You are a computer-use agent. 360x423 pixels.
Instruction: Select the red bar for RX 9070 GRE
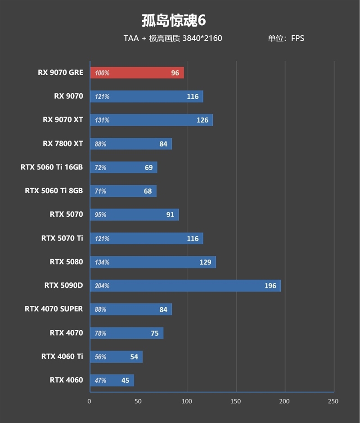137,73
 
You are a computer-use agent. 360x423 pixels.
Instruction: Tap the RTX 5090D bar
185,286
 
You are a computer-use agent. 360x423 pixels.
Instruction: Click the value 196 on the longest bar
270,286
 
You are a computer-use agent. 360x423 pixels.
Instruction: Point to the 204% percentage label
102,286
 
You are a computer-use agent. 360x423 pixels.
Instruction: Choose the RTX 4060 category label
66,380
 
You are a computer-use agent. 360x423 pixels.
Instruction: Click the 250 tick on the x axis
333,401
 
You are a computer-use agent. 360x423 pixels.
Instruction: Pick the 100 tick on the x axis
187,401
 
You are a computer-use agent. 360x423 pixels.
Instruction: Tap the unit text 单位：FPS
286,38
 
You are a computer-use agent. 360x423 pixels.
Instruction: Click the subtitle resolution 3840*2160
202,38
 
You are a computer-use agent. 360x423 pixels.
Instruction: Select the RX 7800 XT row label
63,144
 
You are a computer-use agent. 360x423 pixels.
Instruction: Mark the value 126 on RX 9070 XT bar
202,120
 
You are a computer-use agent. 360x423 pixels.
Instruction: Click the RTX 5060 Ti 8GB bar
123,191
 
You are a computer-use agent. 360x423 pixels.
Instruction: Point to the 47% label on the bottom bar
100,380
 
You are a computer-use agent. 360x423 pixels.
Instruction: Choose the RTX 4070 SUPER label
54,309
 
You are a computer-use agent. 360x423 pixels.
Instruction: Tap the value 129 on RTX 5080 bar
205,262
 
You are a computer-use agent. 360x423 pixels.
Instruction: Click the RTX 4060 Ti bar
116,357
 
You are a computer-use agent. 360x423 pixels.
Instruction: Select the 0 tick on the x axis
90,401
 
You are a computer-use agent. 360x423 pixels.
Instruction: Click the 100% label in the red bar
102,73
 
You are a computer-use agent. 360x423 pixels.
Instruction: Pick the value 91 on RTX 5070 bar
170,214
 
